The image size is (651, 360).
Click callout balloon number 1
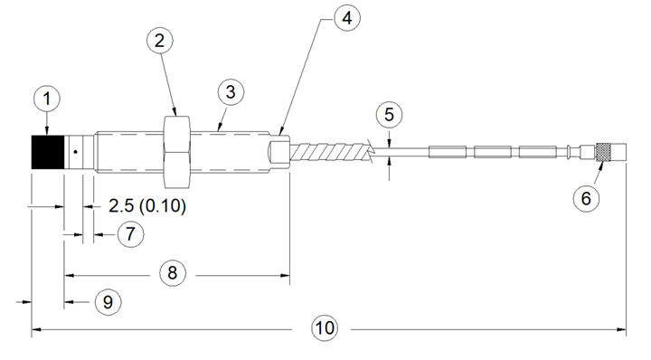46,99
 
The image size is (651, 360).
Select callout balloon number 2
160,41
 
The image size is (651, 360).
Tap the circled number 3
231,92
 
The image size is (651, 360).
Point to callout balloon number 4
347,18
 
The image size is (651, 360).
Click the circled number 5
389,114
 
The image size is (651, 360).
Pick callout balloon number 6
586,198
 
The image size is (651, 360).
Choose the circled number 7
131,233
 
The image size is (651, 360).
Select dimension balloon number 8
173,273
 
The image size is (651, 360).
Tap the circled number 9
108,302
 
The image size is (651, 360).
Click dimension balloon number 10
325,328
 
